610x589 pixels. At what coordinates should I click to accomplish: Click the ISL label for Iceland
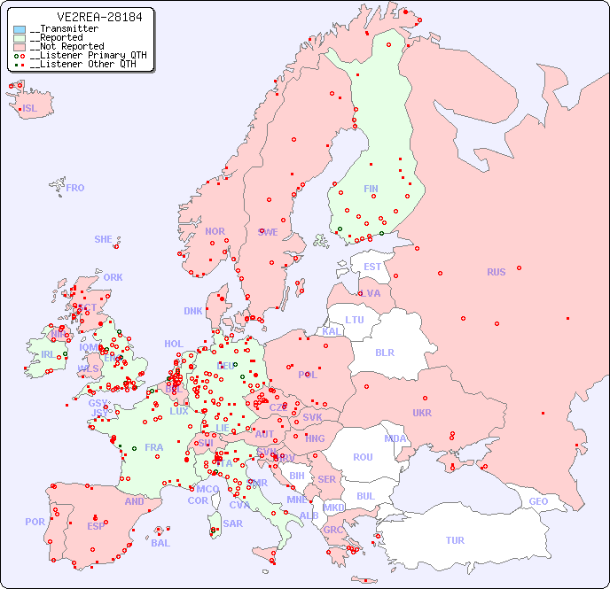[30, 109]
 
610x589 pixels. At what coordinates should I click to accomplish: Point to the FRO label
[75, 188]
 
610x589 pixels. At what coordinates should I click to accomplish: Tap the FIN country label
[371, 189]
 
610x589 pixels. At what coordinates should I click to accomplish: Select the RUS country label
[496, 272]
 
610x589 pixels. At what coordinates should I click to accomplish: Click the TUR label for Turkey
[455, 540]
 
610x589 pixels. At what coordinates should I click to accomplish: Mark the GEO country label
[538, 501]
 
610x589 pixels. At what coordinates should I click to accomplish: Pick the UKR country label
[421, 413]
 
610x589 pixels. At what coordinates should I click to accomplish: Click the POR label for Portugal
[35, 522]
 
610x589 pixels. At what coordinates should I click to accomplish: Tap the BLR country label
[385, 352]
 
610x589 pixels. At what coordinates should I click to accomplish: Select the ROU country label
[363, 457]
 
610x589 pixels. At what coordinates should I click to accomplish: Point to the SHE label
[104, 239]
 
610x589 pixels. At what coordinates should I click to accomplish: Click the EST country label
[372, 267]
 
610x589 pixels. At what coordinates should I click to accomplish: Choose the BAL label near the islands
[160, 543]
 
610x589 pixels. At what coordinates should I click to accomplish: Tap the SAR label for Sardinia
[233, 523]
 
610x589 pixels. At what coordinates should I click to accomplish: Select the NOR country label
[215, 231]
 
